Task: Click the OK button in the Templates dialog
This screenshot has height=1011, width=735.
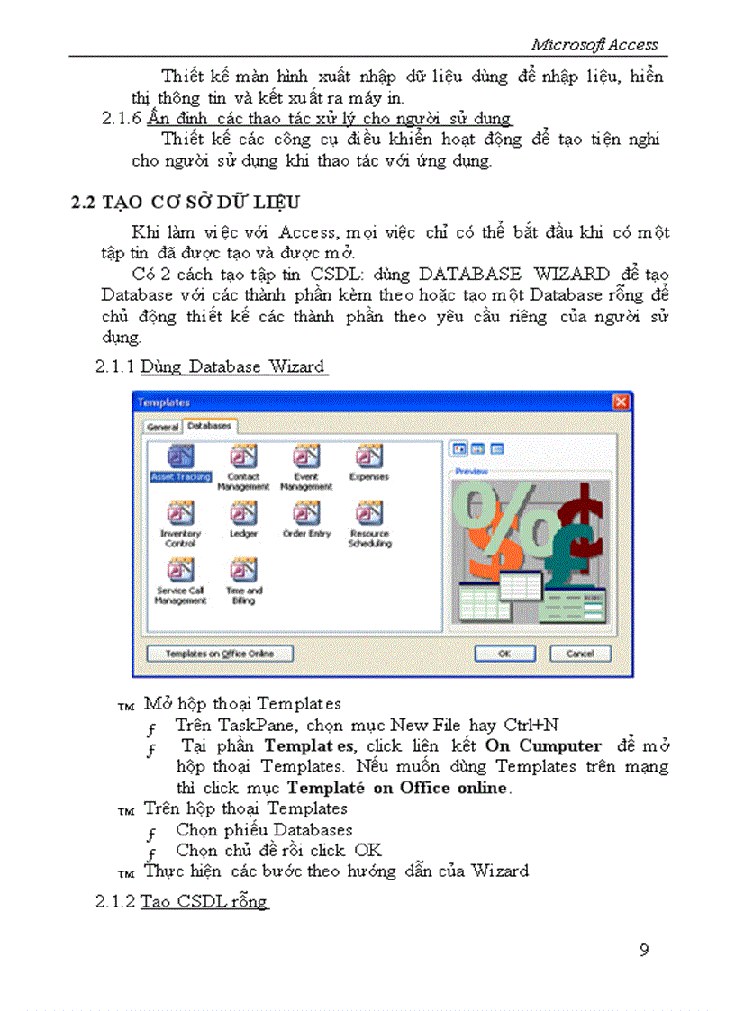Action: point(504,654)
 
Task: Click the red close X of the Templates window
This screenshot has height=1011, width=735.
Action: point(620,402)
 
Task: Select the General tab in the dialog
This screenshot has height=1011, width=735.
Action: point(162,427)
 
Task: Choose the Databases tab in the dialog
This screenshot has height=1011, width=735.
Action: point(209,426)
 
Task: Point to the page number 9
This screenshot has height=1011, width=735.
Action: point(643,951)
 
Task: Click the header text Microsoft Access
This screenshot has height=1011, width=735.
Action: point(594,44)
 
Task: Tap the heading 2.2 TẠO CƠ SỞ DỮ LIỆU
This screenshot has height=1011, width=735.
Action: point(186,202)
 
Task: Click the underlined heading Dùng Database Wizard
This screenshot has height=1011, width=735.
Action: point(233,366)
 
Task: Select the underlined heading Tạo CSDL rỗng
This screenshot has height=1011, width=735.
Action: point(204,901)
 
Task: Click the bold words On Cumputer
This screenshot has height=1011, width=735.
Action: point(543,745)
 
